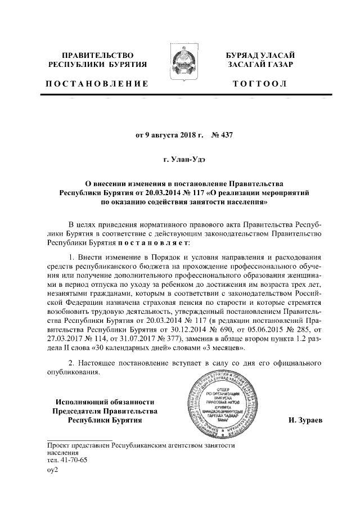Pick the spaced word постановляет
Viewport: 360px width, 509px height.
click(154, 242)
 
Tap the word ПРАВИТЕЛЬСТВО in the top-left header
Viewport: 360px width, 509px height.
click(97, 55)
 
